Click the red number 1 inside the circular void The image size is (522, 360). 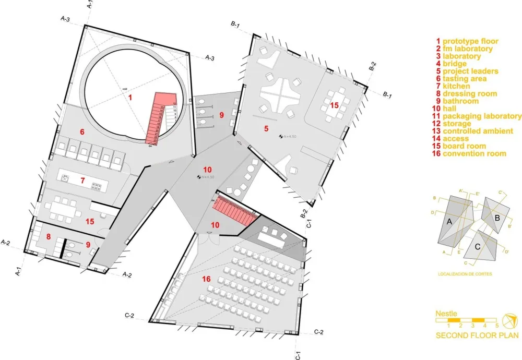point(131,97)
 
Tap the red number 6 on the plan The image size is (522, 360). point(82,132)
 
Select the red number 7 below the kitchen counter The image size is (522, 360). point(82,181)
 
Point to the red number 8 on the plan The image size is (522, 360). point(49,236)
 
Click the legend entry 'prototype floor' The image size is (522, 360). point(470,41)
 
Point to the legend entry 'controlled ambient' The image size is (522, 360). point(478,131)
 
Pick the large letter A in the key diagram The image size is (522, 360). point(448,222)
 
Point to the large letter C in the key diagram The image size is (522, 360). point(478,247)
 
